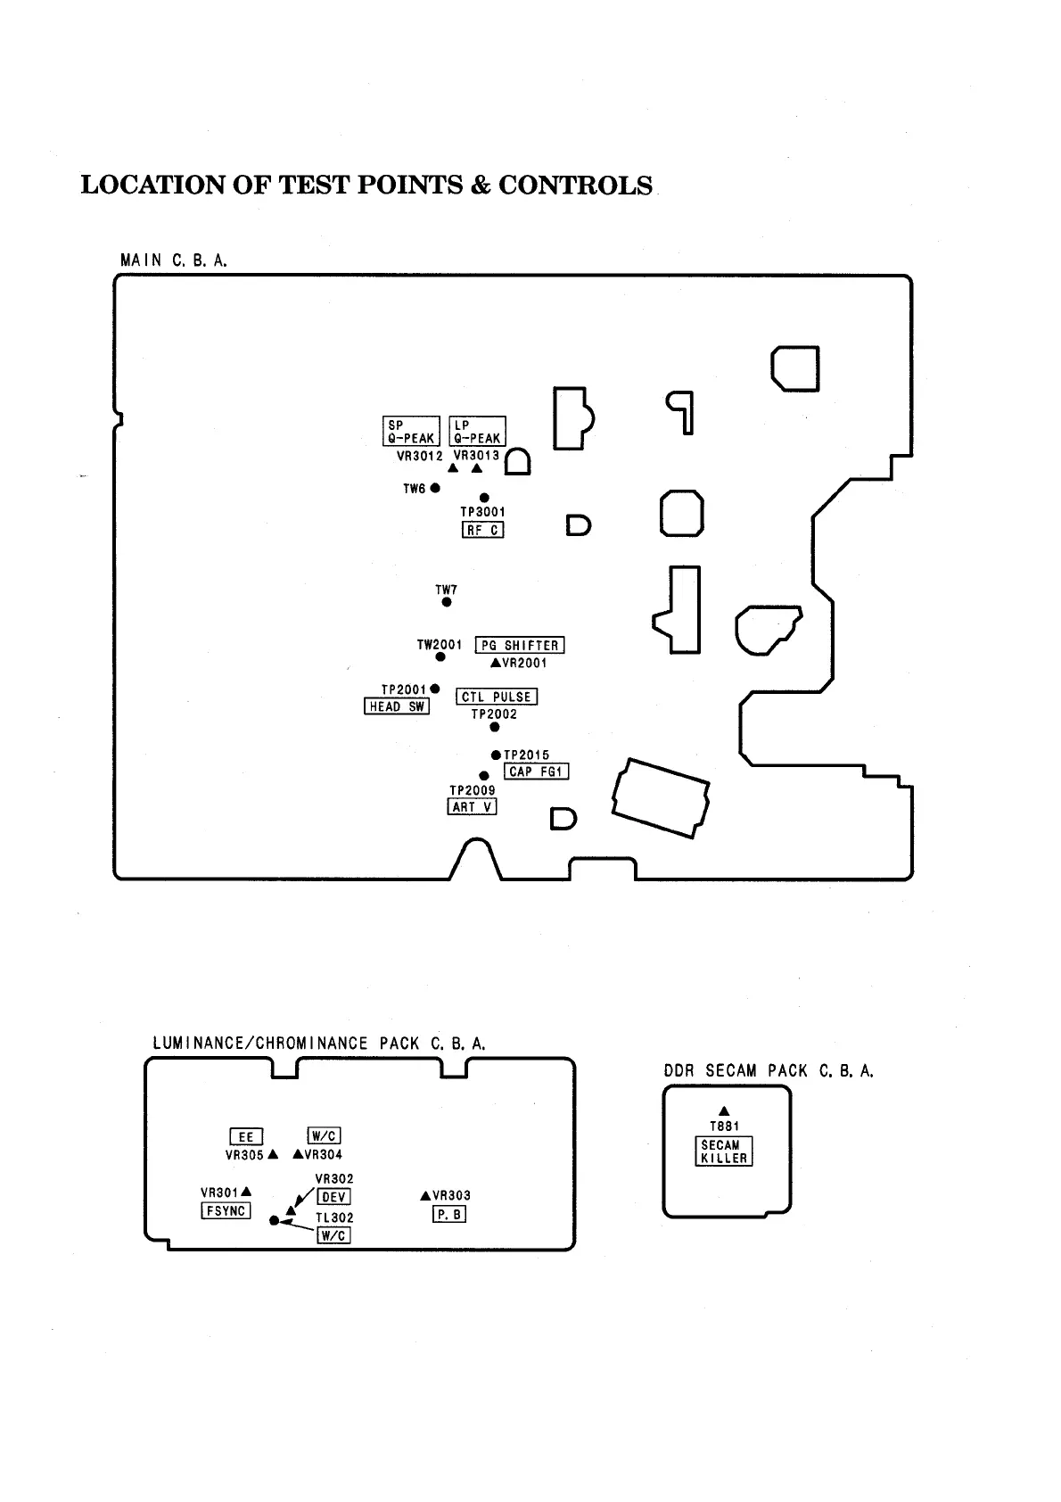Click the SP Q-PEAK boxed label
[411, 431]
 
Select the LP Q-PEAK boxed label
[477, 431]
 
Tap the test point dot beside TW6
[435, 488]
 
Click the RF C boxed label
[482, 530]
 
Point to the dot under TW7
[447, 603]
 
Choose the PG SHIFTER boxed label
[520, 645]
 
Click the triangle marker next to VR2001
[496, 663]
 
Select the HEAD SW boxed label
[398, 706]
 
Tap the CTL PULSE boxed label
[497, 697]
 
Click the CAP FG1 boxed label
[536, 772]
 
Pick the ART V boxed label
[472, 806]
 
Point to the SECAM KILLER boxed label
[723, 1151]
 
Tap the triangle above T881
[724, 1110]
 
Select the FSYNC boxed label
[226, 1211]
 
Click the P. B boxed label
[449, 1214]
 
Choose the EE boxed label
[245, 1136]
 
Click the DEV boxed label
[333, 1197]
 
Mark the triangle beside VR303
[425, 1195]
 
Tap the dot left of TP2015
[496, 755]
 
